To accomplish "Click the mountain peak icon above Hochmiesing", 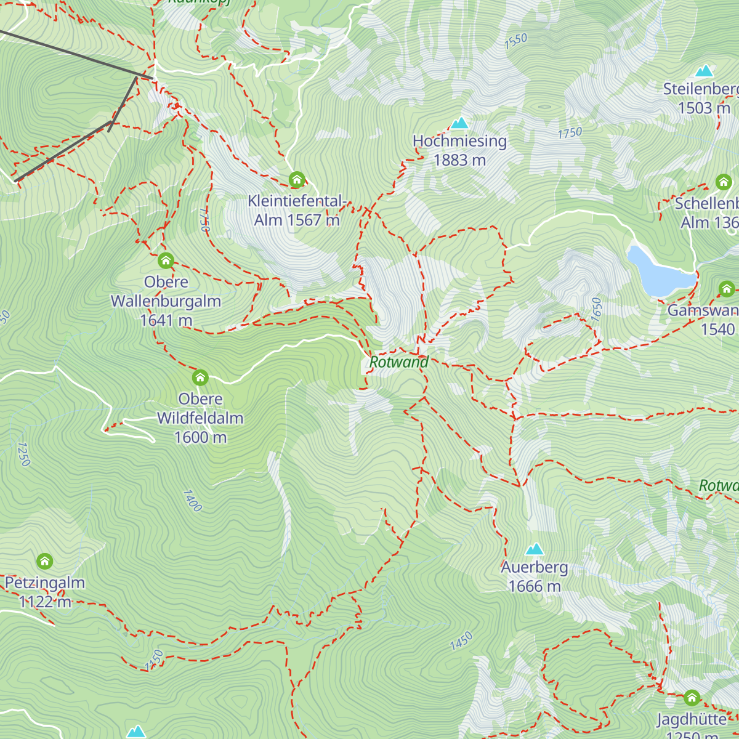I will click(459, 123).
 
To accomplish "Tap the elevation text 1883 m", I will click(459, 160).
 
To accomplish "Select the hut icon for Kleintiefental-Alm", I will click(297, 180).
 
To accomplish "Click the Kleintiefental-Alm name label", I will click(297, 201).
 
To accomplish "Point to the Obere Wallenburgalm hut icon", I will click(166, 260).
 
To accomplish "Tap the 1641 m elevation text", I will click(166, 320).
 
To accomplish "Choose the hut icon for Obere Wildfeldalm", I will click(200, 377).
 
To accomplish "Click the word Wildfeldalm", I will click(200, 418).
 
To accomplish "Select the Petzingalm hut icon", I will click(44, 561).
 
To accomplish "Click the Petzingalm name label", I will click(45, 583).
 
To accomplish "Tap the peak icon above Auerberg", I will click(534, 549).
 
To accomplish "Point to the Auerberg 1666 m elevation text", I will click(534, 586).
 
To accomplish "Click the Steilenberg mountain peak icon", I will click(704, 71).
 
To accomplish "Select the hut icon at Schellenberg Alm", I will click(723, 182).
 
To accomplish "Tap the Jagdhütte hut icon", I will click(692, 698).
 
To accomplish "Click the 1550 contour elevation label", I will click(515, 41).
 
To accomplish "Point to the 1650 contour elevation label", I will click(596, 309).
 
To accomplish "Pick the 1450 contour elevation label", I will click(461, 641).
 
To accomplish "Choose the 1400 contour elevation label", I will click(192, 501).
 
